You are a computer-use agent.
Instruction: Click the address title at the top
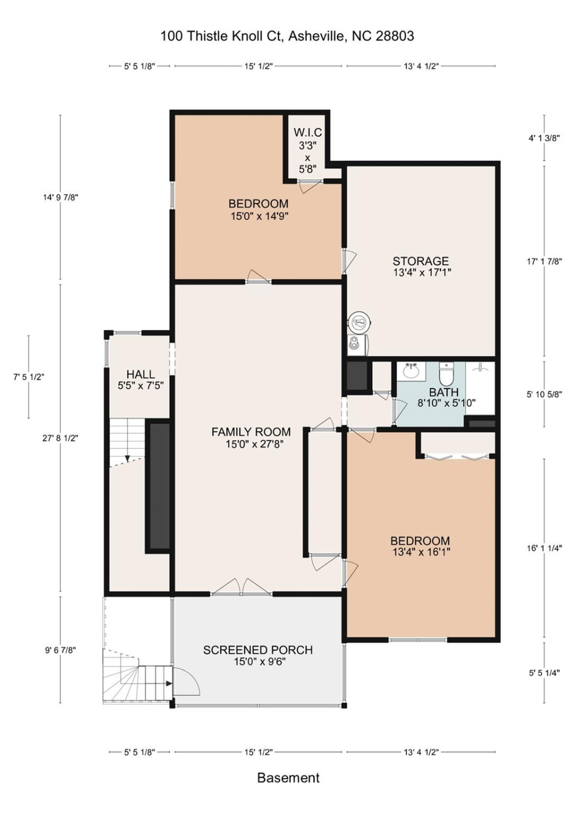click(287, 36)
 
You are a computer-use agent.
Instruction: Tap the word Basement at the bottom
click(288, 777)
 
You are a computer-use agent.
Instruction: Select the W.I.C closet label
click(307, 133)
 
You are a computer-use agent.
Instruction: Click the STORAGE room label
click(421, 261)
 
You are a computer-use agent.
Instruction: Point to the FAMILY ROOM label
click(251, 432)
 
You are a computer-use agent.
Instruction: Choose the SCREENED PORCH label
click(258, 650)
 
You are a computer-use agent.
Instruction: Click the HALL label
click(140, 374)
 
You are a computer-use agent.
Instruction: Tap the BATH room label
click(443, 392)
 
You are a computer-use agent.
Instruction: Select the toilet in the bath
click(446, 373)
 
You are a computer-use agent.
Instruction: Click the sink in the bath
click(411, 371)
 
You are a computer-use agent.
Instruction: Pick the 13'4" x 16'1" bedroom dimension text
click(421, 552)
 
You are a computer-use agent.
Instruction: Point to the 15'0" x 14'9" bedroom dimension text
click(259, 216)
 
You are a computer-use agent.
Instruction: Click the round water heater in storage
click(358, 323)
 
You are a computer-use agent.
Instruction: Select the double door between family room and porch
click(242, 588)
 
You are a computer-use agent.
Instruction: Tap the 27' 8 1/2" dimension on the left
click(60, 438)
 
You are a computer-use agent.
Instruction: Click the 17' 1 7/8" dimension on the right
click(544, 261)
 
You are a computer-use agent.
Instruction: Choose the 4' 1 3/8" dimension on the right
click(544, 138)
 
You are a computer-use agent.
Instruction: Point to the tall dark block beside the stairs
click(159, 486)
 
